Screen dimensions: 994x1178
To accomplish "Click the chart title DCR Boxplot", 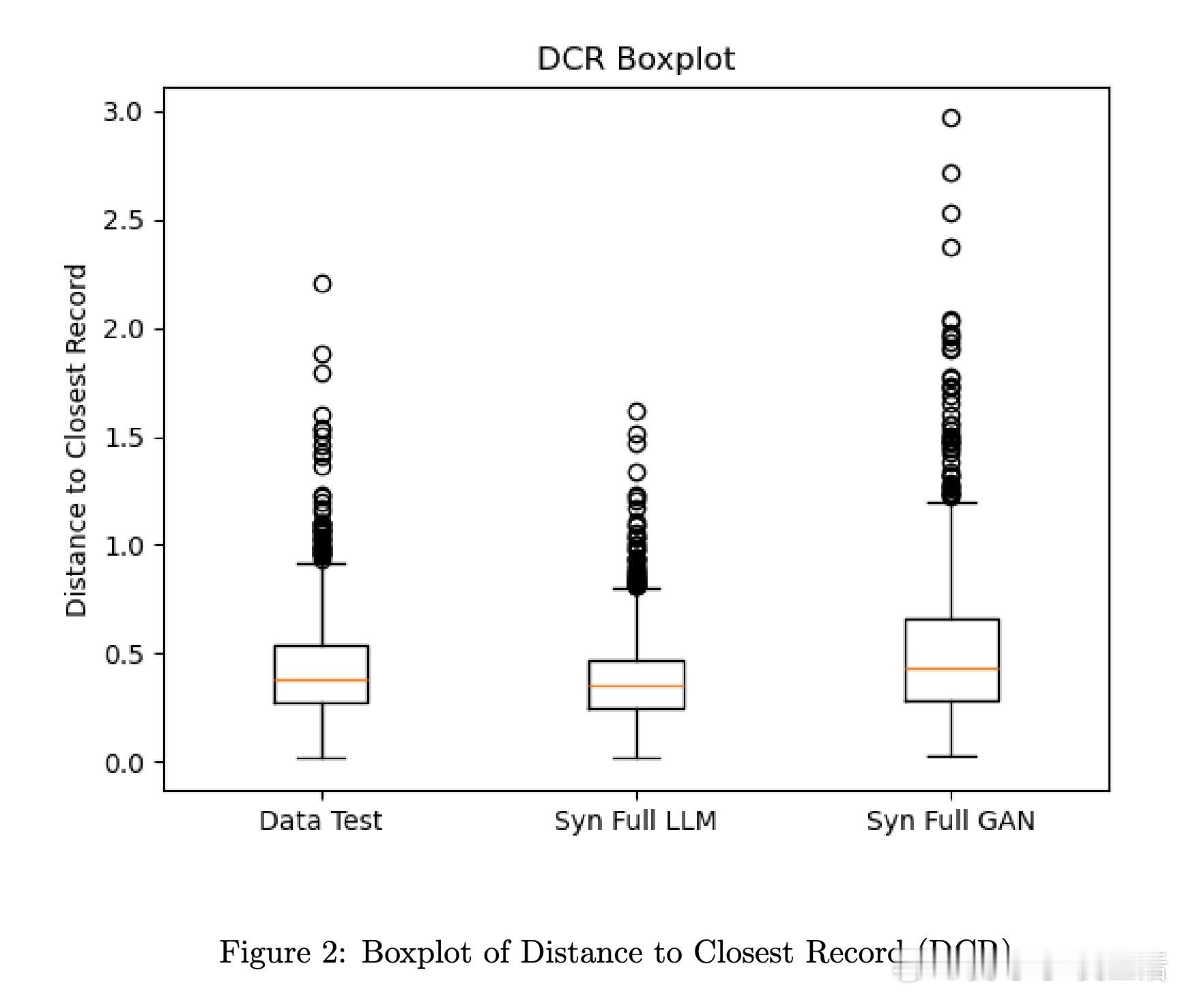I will tap(635, 59).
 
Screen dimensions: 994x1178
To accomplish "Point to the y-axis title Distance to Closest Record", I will tap(76, 441).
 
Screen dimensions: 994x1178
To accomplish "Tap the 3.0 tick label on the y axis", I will tap(123, 112).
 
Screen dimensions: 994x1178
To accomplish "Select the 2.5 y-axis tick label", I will tap(123, 221).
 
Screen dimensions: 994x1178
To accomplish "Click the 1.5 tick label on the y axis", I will tap(123, 438).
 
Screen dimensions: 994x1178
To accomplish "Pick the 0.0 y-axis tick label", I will tap(123, 763).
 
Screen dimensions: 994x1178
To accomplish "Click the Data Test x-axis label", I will tap(321, 821).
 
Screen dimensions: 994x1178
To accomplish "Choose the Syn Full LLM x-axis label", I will tap(635, 821).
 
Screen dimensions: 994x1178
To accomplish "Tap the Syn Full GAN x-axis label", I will tap(950, 821).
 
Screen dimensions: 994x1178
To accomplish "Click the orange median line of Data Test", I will tap(321, 680).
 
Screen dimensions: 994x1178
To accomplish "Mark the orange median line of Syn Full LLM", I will tap(636, 685).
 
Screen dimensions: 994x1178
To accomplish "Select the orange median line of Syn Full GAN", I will tap(951, 668).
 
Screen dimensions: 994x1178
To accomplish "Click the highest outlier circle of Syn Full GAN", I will tap(951, 118).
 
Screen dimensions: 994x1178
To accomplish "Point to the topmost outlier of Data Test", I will tap(322, 283).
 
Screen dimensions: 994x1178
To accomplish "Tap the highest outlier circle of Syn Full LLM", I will tap(637, 411).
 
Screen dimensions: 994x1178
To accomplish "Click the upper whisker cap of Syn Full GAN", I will tap(951, 502).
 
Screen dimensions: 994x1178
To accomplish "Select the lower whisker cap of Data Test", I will tap(321, 758).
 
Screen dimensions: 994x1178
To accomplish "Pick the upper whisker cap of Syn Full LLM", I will tap(636, 588).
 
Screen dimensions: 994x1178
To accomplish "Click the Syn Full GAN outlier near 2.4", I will tap(951, 247).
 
